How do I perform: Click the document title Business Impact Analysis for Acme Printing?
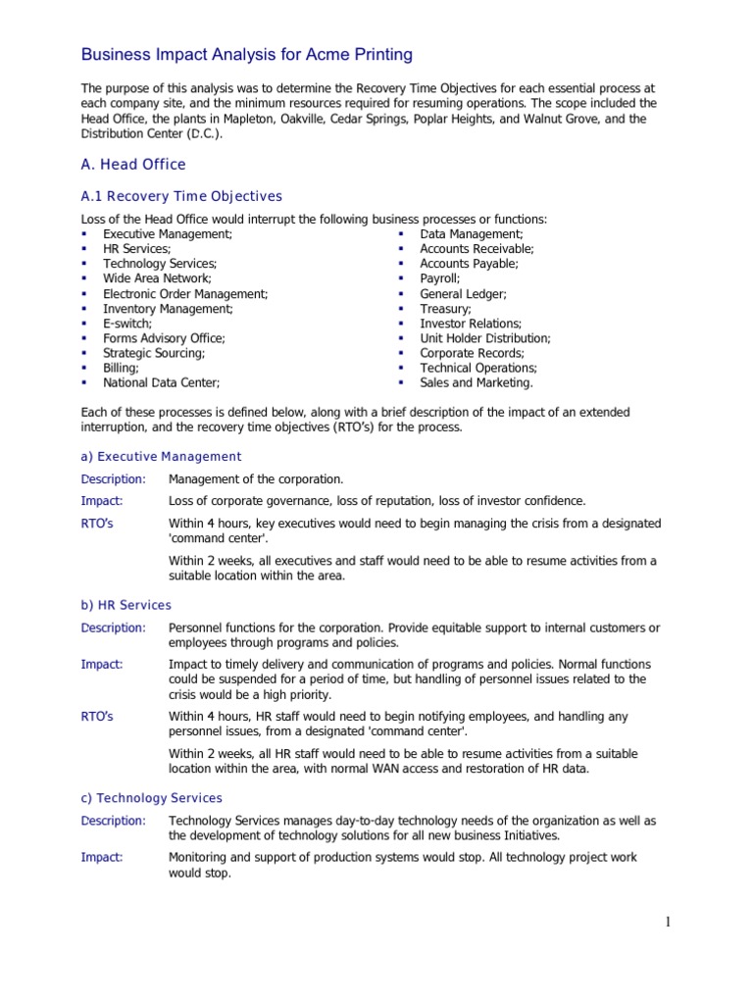[x=245, y=55]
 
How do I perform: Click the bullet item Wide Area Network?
[x=157, y=278]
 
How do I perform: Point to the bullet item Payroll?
[x=439, y=278]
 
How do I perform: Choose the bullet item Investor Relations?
[x=471, y=324]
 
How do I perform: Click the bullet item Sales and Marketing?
[x=477, y=382]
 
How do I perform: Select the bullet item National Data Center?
[x=161, y=382]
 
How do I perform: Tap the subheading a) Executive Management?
[x=161, y=457]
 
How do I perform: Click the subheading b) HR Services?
[x=125, y=605]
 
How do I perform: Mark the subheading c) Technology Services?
[x=151, y=798]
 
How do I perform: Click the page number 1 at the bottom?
[x=666, y=922]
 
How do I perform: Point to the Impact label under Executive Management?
[x=101, y=501]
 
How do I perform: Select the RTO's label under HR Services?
[x=96, y=717]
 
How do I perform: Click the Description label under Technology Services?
[x=113, y=821]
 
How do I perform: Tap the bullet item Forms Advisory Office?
[x=164, y=338]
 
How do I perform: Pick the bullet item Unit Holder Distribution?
[x=485, y=338]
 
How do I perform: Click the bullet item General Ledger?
[x=463, y=294]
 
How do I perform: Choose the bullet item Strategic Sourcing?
[x=154, y=353]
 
